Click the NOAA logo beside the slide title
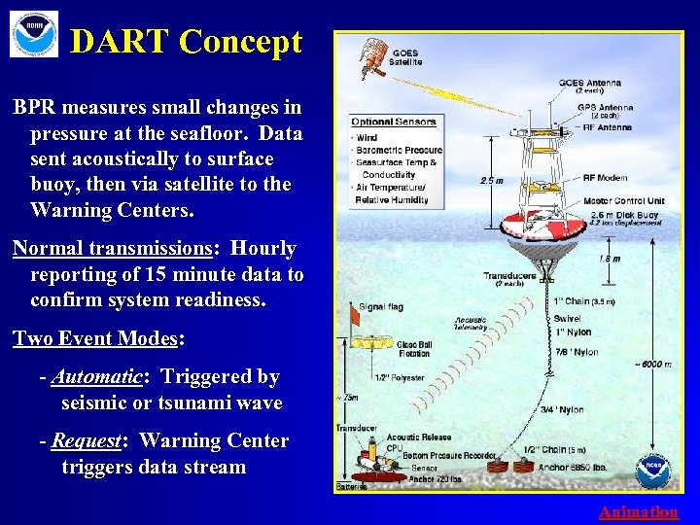(x=33, y=34)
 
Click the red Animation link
(x=638, y=511)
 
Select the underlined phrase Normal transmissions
(x=113, y=249)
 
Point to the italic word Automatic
(x=97, y=376)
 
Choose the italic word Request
(x=87, y=440)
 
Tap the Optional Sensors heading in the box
(x=393, y=122)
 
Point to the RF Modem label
(x=604, y=178)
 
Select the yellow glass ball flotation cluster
(x=369, y=342)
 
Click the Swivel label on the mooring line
(x=567, y=318)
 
